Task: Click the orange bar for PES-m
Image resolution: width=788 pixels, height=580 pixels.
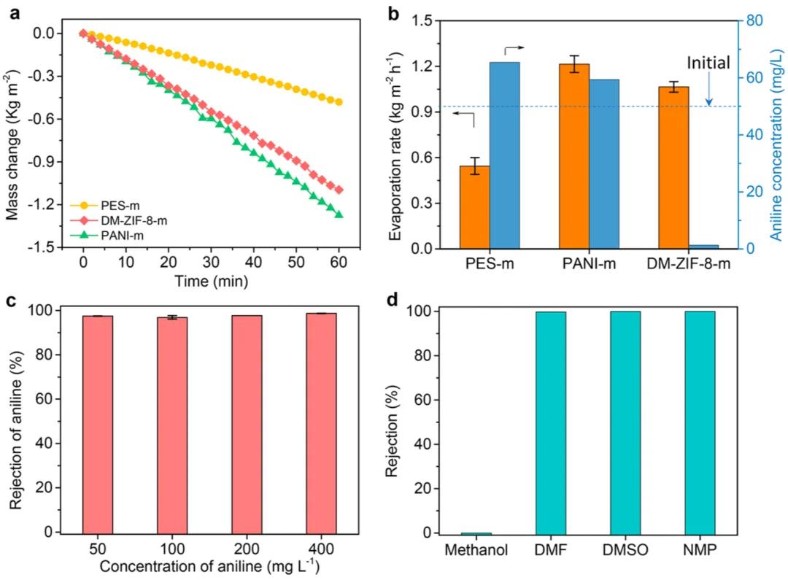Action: click(474, 207)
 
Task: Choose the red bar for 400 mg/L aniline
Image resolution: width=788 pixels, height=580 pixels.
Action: click(322, 423)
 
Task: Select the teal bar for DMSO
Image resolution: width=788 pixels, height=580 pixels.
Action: click(625, 422)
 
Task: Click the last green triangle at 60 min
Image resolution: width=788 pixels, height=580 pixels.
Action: click(339, 214)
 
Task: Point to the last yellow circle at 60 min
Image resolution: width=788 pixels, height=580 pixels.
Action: click(339, 102)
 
